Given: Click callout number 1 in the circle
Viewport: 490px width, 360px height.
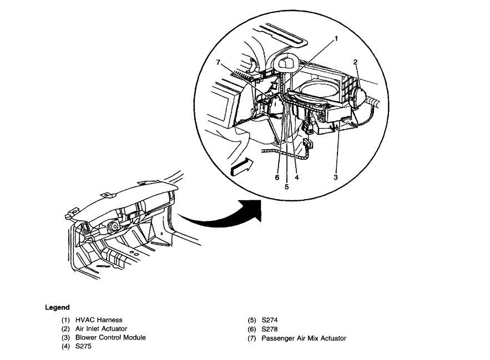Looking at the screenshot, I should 336,39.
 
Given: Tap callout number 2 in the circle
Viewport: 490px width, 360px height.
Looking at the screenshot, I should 355,62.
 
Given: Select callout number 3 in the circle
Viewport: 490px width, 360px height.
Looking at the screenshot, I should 335,177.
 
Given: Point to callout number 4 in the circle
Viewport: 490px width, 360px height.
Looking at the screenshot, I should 297,178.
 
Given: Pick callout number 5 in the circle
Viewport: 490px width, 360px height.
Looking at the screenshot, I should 287,187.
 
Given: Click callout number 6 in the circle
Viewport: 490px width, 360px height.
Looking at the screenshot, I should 276,178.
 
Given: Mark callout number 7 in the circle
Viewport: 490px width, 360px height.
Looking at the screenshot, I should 219,62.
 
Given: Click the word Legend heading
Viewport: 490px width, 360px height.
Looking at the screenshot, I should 57,307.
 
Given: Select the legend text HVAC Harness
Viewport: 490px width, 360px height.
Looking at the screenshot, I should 99,320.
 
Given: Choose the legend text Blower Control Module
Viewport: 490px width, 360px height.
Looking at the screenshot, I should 110,337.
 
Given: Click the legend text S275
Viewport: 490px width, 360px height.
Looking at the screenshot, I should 84,346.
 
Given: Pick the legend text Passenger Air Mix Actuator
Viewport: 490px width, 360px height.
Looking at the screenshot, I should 304,337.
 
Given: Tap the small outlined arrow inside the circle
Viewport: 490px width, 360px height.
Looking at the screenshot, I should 241,165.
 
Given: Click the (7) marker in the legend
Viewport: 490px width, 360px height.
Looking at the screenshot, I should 252,337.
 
